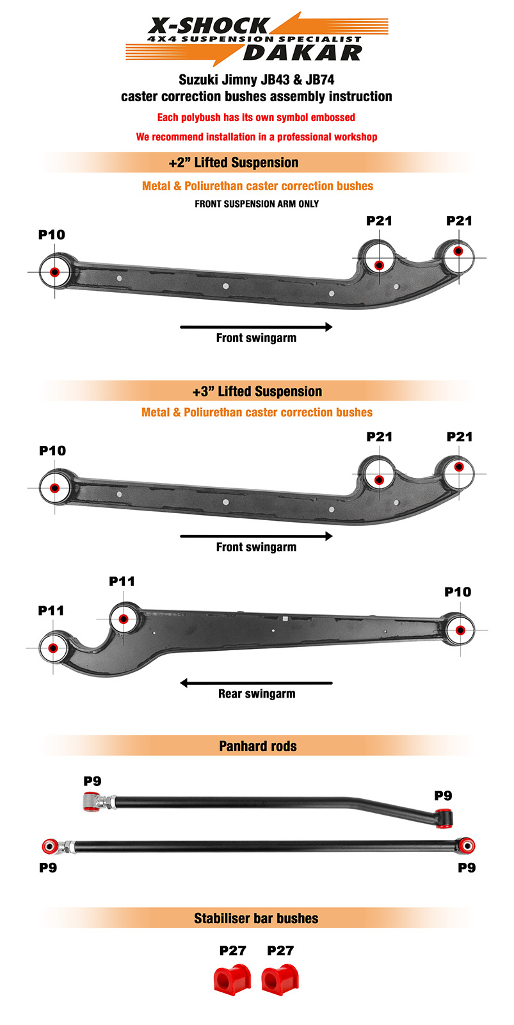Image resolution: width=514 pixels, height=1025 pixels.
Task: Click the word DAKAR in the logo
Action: tap(303, 53)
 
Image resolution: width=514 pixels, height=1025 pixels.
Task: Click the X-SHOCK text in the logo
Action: tap(209, 26)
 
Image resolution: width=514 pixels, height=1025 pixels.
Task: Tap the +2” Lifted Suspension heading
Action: tap(233, 163)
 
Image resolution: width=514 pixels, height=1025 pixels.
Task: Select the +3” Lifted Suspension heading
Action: tap(257, 391)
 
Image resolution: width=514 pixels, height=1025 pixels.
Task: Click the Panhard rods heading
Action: tap(258, 746)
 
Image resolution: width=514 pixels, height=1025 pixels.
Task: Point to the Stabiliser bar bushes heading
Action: tap(256, 918)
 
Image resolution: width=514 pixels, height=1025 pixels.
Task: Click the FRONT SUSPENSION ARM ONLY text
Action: tap(257, 204)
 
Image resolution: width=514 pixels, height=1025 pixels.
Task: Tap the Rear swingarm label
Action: tap(257, 694)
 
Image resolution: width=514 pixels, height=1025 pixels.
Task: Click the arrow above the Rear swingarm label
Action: tap(256, 683)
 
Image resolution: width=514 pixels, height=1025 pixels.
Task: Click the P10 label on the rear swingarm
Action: tap(458, 592)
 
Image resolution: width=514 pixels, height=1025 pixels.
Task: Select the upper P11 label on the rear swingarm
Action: tap(122, 582)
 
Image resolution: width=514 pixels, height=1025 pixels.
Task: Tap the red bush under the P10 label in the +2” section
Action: tap(54, 272)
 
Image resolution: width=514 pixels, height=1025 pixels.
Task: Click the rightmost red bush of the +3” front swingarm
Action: tap(459, 467)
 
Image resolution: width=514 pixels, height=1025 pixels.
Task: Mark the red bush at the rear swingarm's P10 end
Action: tap(460, 630)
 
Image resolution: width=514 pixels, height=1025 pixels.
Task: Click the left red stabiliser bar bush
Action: tap(232, 980)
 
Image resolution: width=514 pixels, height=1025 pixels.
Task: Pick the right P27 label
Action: tap(280, 951)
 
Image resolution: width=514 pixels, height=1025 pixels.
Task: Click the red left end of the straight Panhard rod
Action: tap(50, 846)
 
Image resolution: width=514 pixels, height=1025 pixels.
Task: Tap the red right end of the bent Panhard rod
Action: tap(444, 819)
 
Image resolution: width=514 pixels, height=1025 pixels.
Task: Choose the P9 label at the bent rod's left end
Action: tap(92, 781)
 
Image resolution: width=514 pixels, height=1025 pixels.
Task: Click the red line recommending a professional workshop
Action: tap(257, 137)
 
